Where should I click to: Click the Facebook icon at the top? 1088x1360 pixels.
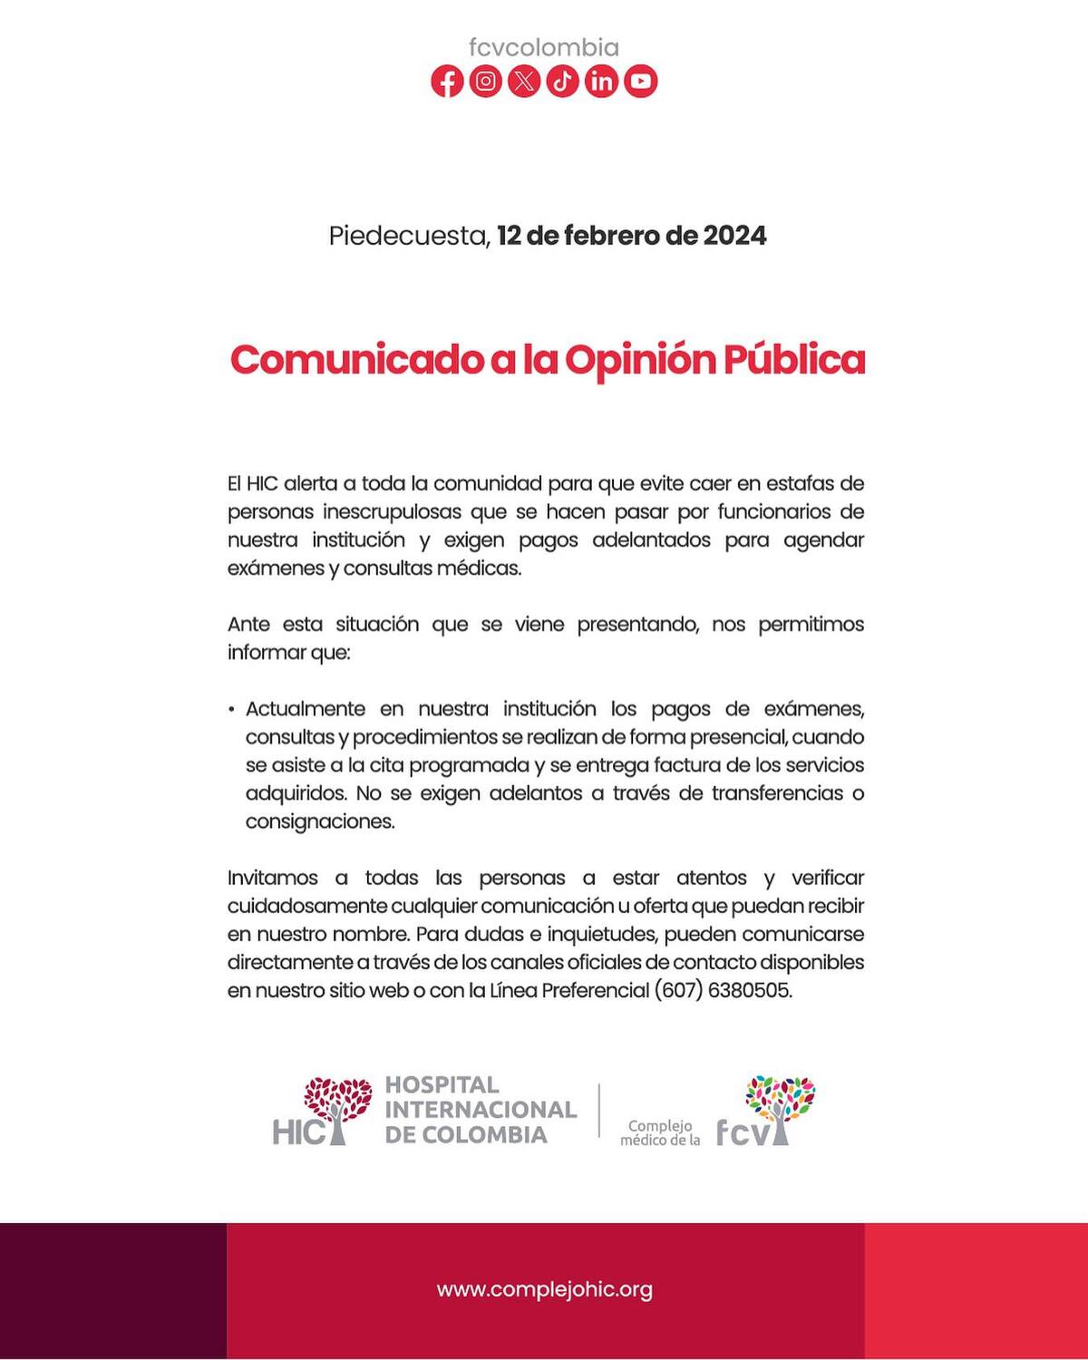pos(447,82)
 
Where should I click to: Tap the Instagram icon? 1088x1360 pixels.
pos(486,82)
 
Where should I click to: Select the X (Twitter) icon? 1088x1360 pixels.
pos(524,82)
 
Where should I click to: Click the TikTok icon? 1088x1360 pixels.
pos(563,82)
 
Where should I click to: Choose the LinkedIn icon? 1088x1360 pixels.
pos(601,82)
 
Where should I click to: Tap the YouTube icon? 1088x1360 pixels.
pos(640,82)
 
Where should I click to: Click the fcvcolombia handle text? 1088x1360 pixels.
pos(544,47)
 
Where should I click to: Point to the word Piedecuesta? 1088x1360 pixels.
pos(409,237)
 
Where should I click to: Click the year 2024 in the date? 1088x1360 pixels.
pos(734,236)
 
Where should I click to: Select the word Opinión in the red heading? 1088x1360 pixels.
pos(640,361)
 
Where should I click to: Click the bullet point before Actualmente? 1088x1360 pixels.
pos(232,710)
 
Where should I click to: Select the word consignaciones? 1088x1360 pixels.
pos(320,822)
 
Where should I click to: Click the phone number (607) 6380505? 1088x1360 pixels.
pos(723,990)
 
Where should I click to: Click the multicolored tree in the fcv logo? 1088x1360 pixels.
pos(780,1101)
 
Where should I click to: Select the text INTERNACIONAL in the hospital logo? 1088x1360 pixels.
pos(481,1110)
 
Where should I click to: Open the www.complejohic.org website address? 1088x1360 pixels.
pos(544,1289)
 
